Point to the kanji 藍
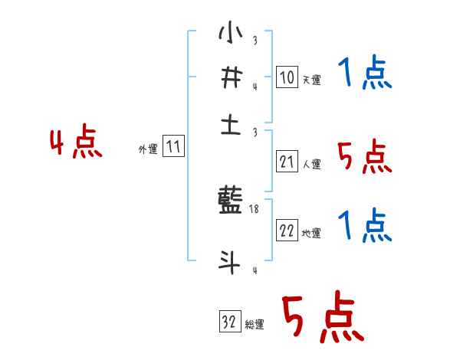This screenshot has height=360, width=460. click(x=231, y=202)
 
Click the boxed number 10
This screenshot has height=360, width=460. click(x=287, y=77)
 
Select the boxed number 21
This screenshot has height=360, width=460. click(x=287, y=162)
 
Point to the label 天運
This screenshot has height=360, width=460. click(x=311, y=80)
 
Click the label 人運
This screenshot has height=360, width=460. click(x=311, y=164)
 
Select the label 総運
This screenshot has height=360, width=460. click(x=255, y=325)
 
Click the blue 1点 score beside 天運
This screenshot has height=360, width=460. click(x=365, y=74)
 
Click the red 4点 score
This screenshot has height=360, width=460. click(x=75, y=143)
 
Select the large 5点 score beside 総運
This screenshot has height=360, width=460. click(x=322, y=319)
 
